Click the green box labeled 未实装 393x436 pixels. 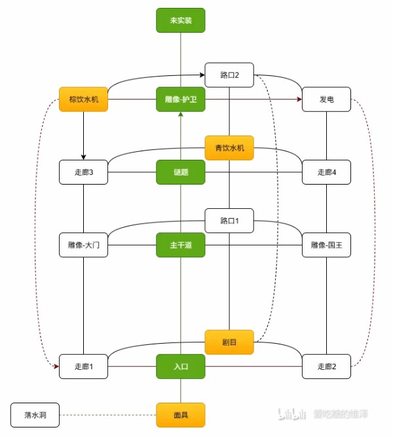[181, 20]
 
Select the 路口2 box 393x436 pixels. [229, 75]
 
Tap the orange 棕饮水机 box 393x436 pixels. [83, 100]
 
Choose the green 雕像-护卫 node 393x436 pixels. [181, 100]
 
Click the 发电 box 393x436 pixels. [326, 100]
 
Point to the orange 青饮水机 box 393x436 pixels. [229, 148]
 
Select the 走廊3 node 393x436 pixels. [83, 172]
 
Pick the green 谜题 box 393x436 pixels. [181, 172]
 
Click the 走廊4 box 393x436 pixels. [326, 172]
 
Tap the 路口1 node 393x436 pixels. [229, 221]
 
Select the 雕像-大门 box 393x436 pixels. [83, 245]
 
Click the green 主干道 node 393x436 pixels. [181, 245]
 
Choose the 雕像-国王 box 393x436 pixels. [326, 245]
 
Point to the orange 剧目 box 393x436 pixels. [229, 342]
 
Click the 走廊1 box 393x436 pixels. [83, 367]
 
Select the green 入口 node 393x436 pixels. [181, 367]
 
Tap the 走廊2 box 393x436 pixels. [326, 367]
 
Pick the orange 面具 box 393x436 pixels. [181, 415]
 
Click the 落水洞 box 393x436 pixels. [35, 415]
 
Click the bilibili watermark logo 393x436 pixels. [293, 414]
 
